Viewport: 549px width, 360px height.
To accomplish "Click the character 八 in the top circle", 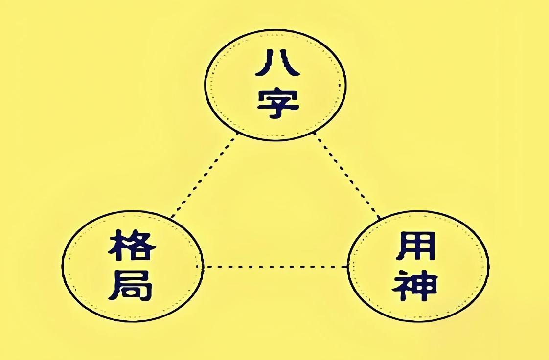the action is [x=277, y=63].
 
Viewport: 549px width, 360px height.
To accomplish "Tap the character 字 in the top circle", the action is [x=278, y=104].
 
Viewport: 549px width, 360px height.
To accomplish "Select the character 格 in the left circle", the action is [x=132, y=245].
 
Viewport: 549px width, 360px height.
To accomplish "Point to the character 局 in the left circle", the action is [x=130, y=285].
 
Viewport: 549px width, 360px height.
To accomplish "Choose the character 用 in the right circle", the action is [x=416, y=247].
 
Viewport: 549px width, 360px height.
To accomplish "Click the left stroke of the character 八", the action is [x=265, y=63].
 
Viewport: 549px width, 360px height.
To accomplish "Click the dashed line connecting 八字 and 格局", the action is [x=204, y=175].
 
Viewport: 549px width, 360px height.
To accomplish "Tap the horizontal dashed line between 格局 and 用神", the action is [x=275, y=267].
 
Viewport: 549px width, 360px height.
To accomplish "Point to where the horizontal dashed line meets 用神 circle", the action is [x=348, y=267].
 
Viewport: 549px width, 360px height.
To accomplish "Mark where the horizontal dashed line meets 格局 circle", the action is [x=204, y=267].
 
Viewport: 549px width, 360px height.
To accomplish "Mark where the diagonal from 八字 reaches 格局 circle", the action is [x=172, y=217].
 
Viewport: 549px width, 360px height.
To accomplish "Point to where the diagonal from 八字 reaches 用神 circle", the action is [x=380, y=219].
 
